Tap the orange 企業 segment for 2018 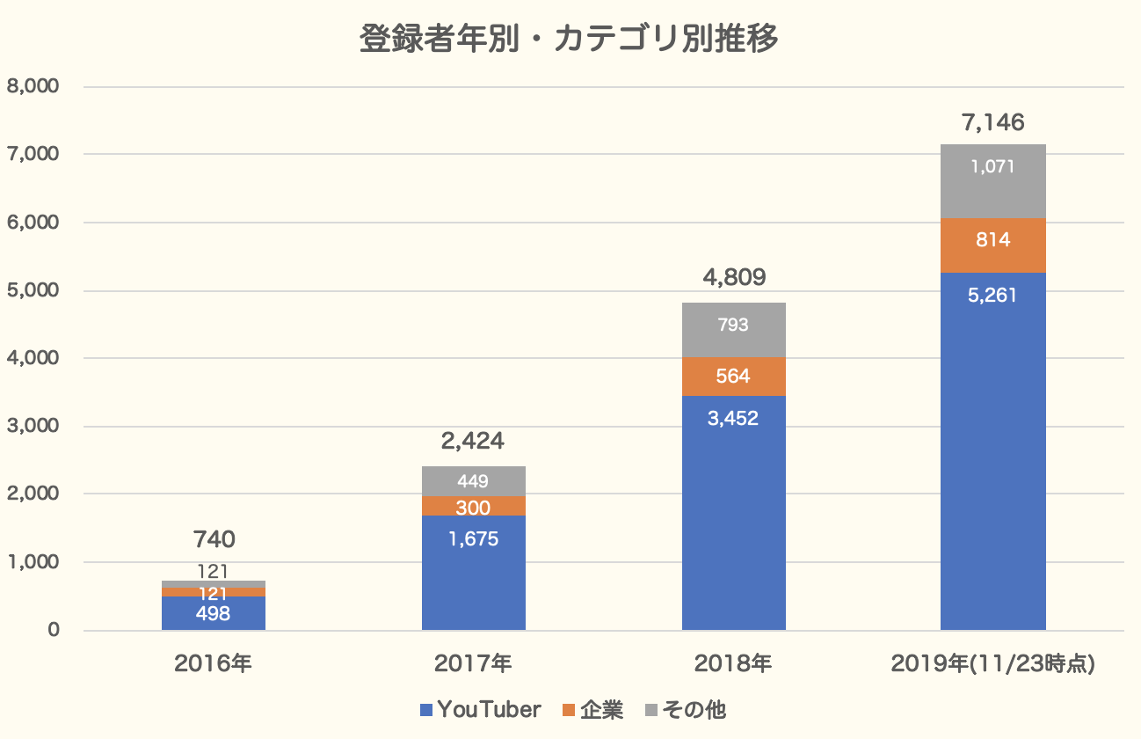tap(733, 377)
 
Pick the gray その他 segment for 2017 tap(473, 481)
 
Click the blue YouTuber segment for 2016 tap(213, 614)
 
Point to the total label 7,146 tap(993, 122)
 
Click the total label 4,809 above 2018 tap(733, 279)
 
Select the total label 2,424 tap(473, 441)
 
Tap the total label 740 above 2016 tap(213, 539)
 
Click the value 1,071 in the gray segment tap(993, 166)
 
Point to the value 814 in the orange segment tap(993, 239)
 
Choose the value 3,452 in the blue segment tap(733, 418)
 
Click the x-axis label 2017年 tap(473, 662)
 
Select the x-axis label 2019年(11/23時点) tap(992, 662)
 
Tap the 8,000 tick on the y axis tap(33, 86)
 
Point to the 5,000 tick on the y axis tap(33, 290)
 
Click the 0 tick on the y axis tap(54, 631)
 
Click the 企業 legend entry tap(592, 709)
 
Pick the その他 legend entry tap(686, 709)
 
